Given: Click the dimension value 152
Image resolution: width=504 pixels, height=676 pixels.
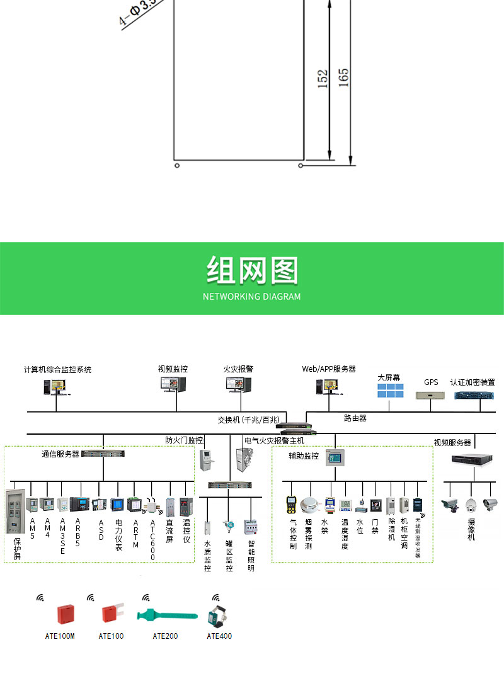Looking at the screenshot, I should click(x=323, y=78).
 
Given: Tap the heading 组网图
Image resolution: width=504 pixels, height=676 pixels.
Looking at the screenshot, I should click(x=251, y=272).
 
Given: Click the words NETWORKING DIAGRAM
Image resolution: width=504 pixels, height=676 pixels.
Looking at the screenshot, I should click(x=251, y=296).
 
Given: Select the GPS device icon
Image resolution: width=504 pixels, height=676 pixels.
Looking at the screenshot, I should click(x=431, y=396).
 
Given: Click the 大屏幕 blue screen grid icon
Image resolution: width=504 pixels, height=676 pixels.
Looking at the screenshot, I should click(x=390, y=391).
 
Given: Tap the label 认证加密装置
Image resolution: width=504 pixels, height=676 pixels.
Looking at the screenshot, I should click(x=477, y=382).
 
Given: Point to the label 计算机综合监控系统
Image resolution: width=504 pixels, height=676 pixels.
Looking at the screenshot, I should click(x=57, y=369).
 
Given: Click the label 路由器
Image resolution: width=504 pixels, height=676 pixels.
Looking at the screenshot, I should click(x=355, y=418).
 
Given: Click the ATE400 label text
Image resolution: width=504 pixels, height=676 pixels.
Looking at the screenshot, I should click(x=219, y=636).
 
